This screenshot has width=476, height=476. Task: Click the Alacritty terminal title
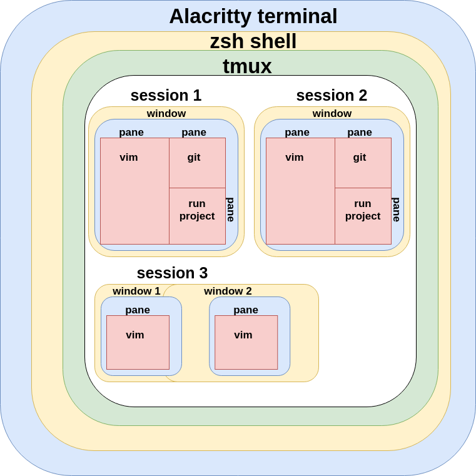click(x=253, y=16)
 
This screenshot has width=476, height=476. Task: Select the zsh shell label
click(x=253, y=42)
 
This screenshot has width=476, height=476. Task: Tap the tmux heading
click(x=247, y=66)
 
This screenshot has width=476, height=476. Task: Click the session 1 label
click(x=166, y=95)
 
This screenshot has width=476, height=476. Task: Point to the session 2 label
click(x=332, y=95)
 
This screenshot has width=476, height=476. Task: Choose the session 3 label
click(x=172, y=273)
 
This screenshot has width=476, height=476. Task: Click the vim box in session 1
click(x=134, y=191)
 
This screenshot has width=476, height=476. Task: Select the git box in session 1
click(x=197, y=163)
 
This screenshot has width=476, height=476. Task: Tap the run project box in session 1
click(x=197, y=216)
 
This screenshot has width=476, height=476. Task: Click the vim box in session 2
click(x=300, y=191)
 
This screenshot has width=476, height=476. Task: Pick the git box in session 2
click(x=363, y=163)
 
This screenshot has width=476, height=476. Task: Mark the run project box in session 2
click(x=363, y=216)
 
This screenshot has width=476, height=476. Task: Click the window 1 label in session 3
click(x=136, y=291)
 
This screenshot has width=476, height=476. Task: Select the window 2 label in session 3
click(x=228, y=291)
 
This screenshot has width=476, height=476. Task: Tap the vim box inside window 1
click(x=138, y=342)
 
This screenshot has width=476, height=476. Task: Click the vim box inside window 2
click(x=246, y=342)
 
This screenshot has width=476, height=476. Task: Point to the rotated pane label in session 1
click(x=230, y=210)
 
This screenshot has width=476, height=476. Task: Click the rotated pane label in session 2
click(x=396, y=210)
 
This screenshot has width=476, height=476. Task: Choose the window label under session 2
click(x=332, y=113)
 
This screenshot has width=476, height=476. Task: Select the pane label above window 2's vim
click(x=246, y=310)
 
